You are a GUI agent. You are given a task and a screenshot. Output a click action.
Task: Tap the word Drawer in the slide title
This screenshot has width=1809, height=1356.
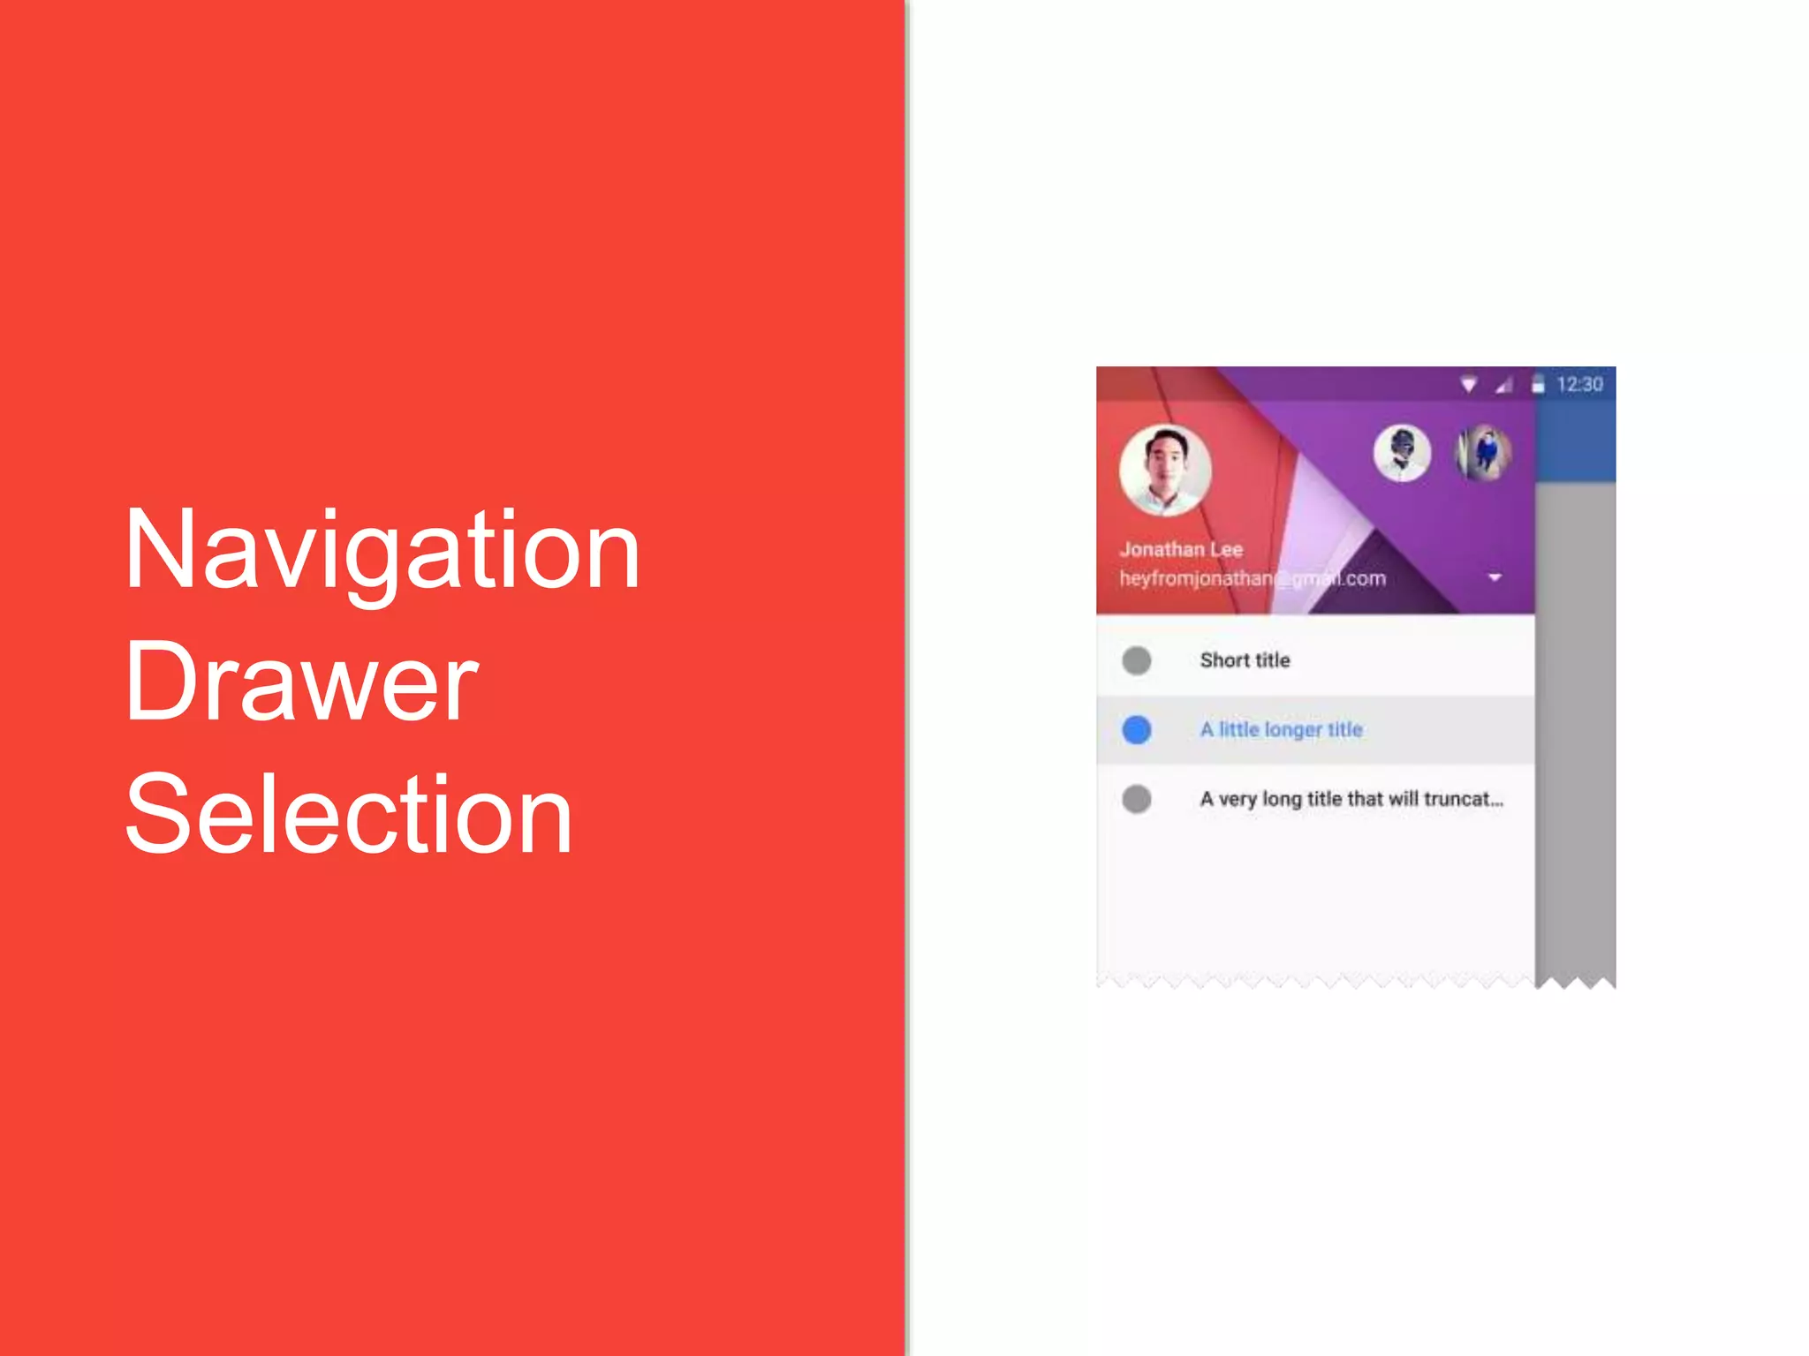pyautogui.click(x=301, y=682)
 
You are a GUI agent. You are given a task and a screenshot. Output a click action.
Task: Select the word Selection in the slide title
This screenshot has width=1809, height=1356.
pyautogui.click(x=349, y=813)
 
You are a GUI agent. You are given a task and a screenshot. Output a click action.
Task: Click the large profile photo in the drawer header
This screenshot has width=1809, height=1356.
pyautogui.click(x=1165, y=471)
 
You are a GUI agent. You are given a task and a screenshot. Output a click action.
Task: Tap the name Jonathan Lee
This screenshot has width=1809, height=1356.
pyautogui.click(x=1181, y=549)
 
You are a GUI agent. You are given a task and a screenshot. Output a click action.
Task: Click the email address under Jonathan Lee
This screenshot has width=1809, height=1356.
pyautogui.click(x=1252, y=579)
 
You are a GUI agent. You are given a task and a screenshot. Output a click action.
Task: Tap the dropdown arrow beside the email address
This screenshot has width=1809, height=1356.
pyautogui.click(x=1495, y=577)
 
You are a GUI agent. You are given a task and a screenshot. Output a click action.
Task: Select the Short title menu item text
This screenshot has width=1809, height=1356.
pyautogui.click(x=1245, y=660)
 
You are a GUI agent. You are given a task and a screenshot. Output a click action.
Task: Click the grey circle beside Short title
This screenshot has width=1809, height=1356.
pyautogui.click(x=1137, y=660)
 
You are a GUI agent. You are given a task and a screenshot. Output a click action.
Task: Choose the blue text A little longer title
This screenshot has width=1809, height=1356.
pyautogui.click(x=1281, y=729)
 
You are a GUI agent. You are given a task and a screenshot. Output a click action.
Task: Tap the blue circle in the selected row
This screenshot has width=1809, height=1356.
pyautogui.click(x=1137, y=730)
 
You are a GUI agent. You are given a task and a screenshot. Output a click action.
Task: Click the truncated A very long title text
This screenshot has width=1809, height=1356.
pyautogui.click(x=1351, y=799)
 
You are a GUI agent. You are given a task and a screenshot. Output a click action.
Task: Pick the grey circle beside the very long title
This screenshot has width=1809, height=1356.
pyautogui.click(x=1137, y=799)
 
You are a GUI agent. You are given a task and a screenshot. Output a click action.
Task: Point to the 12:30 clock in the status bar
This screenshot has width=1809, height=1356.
pyautogui.click(x=1579, y=385)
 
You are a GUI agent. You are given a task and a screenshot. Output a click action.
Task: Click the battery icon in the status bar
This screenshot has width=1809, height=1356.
pyautogui.click(x=1538, y=384)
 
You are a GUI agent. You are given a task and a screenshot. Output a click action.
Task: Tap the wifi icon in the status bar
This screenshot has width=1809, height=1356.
pyautogui.click(x=1468, y=385)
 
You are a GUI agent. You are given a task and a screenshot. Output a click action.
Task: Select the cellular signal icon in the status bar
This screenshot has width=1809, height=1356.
pyautogui.click(x=1503, y=385)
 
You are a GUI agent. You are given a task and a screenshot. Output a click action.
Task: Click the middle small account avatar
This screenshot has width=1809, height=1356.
pyautogui.click(x=1402, y=453)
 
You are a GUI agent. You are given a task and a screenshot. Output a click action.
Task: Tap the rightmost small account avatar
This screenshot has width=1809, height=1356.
pyautogui.click(x=1484, y=453)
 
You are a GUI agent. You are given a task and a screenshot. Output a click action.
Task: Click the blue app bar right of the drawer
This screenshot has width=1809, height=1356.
pyautogui.click(x=1576, y=446)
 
